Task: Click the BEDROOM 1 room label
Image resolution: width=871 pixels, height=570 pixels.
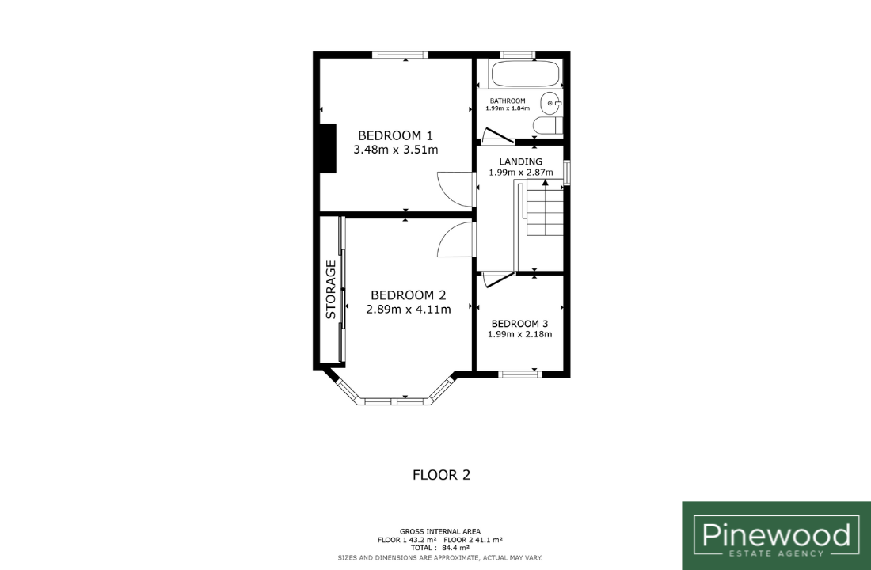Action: click(x=395, y=135)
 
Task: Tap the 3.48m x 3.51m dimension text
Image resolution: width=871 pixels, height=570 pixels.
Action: click(x=395, y=150)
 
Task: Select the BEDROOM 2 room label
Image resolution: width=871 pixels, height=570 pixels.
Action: click(x=409, y=295)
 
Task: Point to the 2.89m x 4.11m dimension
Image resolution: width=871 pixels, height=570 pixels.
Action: click(x=409, y=310)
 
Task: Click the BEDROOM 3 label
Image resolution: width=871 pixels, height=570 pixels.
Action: click(x=519, y=323)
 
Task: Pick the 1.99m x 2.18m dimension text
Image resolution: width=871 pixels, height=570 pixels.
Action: click(x=519, y=334)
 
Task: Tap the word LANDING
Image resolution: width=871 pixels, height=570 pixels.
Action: click(x=520, y=161)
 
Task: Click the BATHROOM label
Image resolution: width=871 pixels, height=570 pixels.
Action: click(x=507, y=101)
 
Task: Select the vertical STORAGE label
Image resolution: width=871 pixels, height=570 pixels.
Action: click(x=331, y=290)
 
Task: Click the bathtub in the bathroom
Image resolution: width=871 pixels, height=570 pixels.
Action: click(x=525, y=74)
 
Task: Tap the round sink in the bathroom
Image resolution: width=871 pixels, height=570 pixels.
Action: click(x=550, y=103)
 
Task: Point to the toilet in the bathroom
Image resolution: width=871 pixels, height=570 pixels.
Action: click(x=548, y=126)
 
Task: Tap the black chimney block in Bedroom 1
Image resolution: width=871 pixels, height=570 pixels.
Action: click(x=328, y=148)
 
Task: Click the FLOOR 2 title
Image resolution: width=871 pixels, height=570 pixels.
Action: click(x=441, y=475)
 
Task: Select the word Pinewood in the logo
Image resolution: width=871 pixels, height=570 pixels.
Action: click(x=776, y=535)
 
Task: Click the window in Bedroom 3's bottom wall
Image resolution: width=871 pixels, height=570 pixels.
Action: click(x=519, y=374)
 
